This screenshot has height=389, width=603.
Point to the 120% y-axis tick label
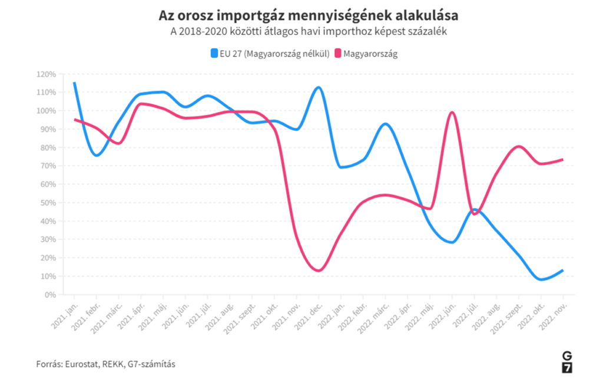click(45, 74)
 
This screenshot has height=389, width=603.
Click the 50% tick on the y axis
click(48, 203)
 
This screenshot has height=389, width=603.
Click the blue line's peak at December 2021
click(319, 87)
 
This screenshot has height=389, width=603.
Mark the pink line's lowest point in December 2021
click(319, 271)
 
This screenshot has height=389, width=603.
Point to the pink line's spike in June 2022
click(452, 112)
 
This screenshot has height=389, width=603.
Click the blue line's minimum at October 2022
click(541, 279)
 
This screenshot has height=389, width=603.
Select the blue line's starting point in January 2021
click(74, 83)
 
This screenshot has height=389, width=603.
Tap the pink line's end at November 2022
click(563, 160)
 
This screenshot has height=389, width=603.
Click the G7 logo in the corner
click(566, 362)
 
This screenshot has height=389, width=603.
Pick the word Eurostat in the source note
click(83, 364)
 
